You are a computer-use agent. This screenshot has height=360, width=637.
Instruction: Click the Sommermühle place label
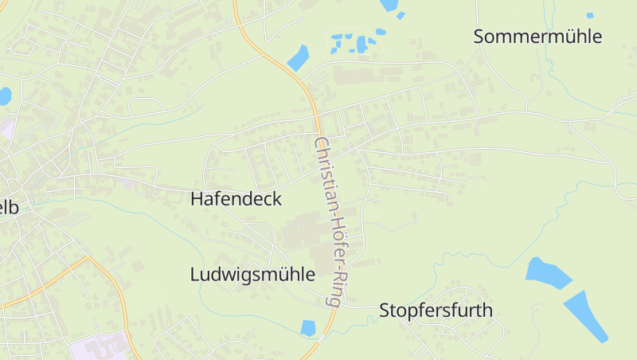tap(537, 37)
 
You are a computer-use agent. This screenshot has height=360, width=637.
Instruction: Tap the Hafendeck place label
tap(236, 199)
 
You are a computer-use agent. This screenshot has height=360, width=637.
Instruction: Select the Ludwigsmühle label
tap(252, 275)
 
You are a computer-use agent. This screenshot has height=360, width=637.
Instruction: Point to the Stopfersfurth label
tap(436, 310)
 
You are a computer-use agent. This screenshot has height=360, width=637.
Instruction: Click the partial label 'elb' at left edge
tap(8, 207)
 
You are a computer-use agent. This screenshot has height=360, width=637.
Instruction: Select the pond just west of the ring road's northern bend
tap(298, 57)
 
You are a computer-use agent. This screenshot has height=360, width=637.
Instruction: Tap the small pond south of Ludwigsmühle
tap(308, 327)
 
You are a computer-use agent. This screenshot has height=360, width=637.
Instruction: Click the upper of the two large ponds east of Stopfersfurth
tap(548, 273)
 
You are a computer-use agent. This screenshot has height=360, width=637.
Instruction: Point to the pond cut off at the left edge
tap(4, 96)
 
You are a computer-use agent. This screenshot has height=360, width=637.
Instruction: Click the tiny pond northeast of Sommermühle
tap(590, 15)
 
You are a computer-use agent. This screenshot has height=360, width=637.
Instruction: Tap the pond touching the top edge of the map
tap(389, 5)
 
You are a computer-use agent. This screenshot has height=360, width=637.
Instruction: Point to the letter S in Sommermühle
tap(479, 37)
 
